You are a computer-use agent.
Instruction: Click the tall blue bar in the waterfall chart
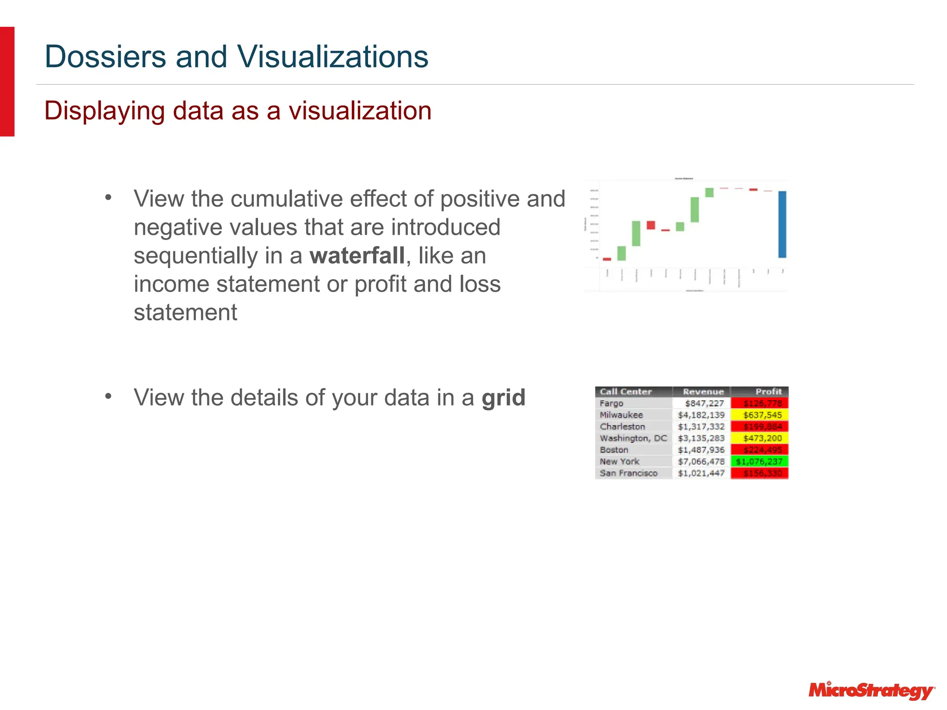[782, 224]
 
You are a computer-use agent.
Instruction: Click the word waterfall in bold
[357, 256]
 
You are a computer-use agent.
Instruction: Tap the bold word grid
[503, 398]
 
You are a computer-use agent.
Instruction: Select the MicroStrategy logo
[871, 691]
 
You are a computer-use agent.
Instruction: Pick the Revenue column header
[703, 392]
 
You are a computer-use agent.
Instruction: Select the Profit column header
[768, 392]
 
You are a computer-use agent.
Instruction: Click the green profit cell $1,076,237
[759, 461]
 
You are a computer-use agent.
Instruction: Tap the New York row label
[619, 461]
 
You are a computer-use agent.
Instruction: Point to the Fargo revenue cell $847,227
[704, 403]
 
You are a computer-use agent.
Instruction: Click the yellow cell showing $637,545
[762, 415]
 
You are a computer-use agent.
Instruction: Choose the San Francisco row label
[628, 473]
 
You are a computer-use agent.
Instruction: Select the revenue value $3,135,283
[701, 438]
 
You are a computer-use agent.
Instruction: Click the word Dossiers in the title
[105, 56]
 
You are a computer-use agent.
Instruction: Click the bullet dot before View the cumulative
[108, 198]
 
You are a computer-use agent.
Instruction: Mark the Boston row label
[614, 450]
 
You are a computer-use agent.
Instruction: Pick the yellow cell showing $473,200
[762, 438]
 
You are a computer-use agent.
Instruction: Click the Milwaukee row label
[621, 415]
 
